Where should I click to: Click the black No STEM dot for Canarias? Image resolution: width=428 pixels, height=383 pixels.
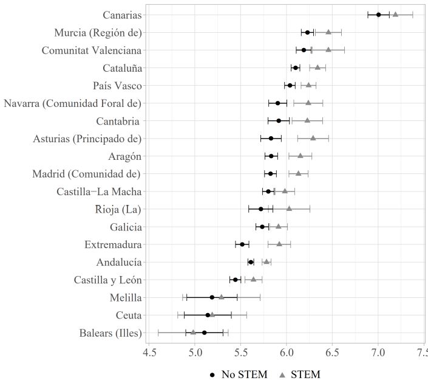(378, 15)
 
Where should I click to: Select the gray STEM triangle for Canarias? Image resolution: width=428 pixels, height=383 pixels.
(395, 14)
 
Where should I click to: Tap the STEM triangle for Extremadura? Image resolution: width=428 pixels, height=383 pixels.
(279, 244)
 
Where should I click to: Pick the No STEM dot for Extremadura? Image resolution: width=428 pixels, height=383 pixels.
(242, 244)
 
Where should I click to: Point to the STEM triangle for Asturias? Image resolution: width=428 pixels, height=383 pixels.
(313, 138)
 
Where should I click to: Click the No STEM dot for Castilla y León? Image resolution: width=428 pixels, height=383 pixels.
(236, 280)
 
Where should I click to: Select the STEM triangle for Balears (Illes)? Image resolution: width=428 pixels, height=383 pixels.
(193, 332)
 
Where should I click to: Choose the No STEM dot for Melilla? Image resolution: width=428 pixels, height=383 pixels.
(212, 297)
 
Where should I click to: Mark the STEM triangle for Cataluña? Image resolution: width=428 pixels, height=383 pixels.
(318, 67)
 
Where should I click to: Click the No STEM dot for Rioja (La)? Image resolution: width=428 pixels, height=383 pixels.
(261, 209)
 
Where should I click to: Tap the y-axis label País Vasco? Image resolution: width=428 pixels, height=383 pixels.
(117, 85)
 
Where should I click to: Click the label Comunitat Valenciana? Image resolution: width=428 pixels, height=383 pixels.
(92, 50)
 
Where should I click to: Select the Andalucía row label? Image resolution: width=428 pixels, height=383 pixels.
(119, 262)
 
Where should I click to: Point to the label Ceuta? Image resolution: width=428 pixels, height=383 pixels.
(129, 315)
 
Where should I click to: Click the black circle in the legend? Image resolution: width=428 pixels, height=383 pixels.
(211, 374)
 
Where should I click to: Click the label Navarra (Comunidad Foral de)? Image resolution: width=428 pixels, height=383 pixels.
(73, 103)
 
